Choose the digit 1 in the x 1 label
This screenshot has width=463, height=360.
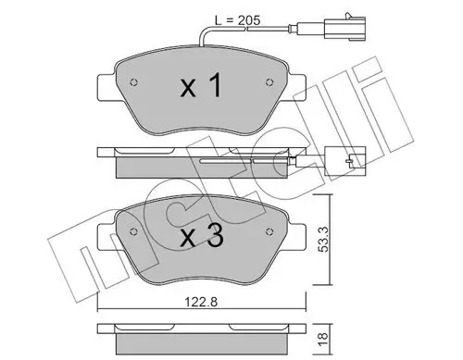[216, 89]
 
